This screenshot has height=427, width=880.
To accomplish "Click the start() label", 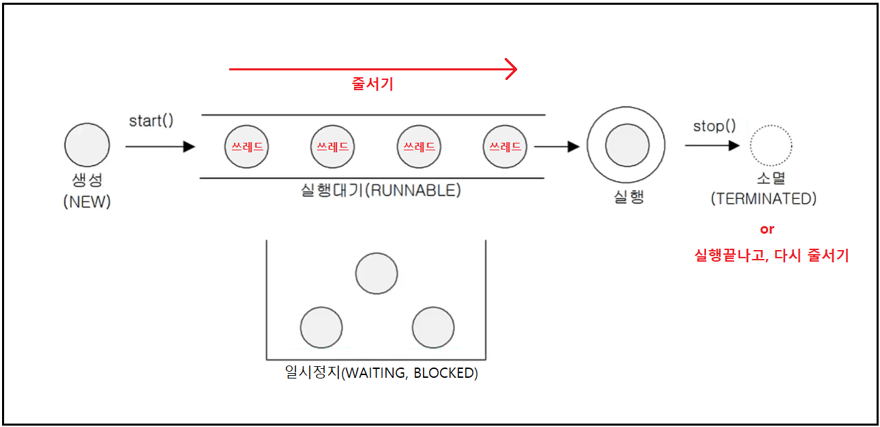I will click(x=151, y=121).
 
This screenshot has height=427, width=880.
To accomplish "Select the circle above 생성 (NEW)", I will click(x=87, y=146).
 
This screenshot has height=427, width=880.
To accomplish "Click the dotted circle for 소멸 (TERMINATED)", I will click(x=771, y=146).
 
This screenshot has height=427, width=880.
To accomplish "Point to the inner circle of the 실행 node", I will click(x=627, y=146).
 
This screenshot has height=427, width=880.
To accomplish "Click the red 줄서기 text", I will click(x=372, y=85).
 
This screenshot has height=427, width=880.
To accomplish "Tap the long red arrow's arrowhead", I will click(x=511, y=69).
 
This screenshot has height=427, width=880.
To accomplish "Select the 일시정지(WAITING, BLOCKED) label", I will click(x=381, y=373).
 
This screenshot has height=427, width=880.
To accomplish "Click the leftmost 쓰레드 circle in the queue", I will click(x=246, y=146).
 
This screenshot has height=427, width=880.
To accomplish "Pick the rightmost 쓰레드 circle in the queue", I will click(x=505, y=146).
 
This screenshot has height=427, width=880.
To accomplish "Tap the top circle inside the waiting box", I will click(x=377, y=273).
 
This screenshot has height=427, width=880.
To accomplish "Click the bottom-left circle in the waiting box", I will click(x=321, y=327).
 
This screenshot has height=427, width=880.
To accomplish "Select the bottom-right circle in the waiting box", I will click(x=433, y=327).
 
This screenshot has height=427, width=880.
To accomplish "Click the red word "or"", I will click(x=767, y=230).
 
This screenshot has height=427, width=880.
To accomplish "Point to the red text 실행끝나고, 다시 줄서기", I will click(x=772, y=256).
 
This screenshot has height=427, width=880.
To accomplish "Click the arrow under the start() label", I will click(x=160, y=146).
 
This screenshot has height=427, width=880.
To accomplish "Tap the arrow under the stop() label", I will click(x=712, y=145).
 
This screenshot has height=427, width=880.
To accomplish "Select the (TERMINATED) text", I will click(x=763, y=199).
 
